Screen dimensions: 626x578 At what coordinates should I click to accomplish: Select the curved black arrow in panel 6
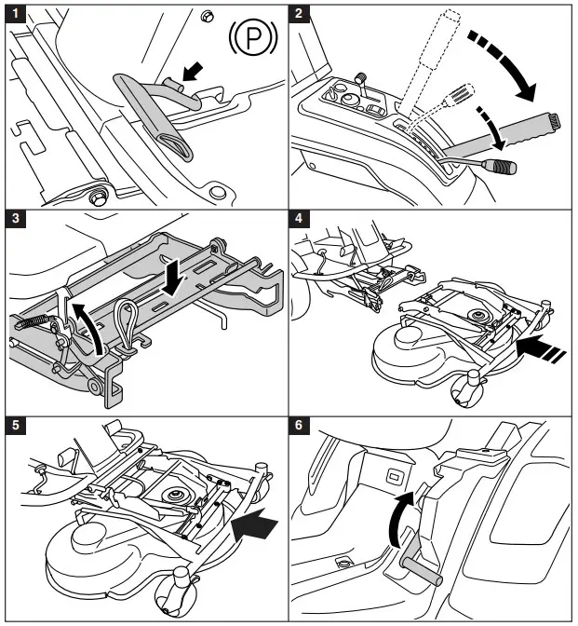coord(397,518)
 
